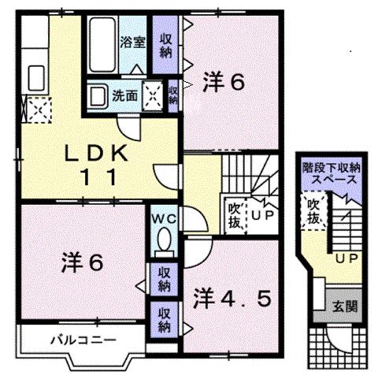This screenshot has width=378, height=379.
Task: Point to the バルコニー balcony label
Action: tap(83, 340)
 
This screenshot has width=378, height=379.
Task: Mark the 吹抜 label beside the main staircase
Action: tap(234, 214)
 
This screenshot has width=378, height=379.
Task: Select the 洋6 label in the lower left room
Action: tap(82, 264)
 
